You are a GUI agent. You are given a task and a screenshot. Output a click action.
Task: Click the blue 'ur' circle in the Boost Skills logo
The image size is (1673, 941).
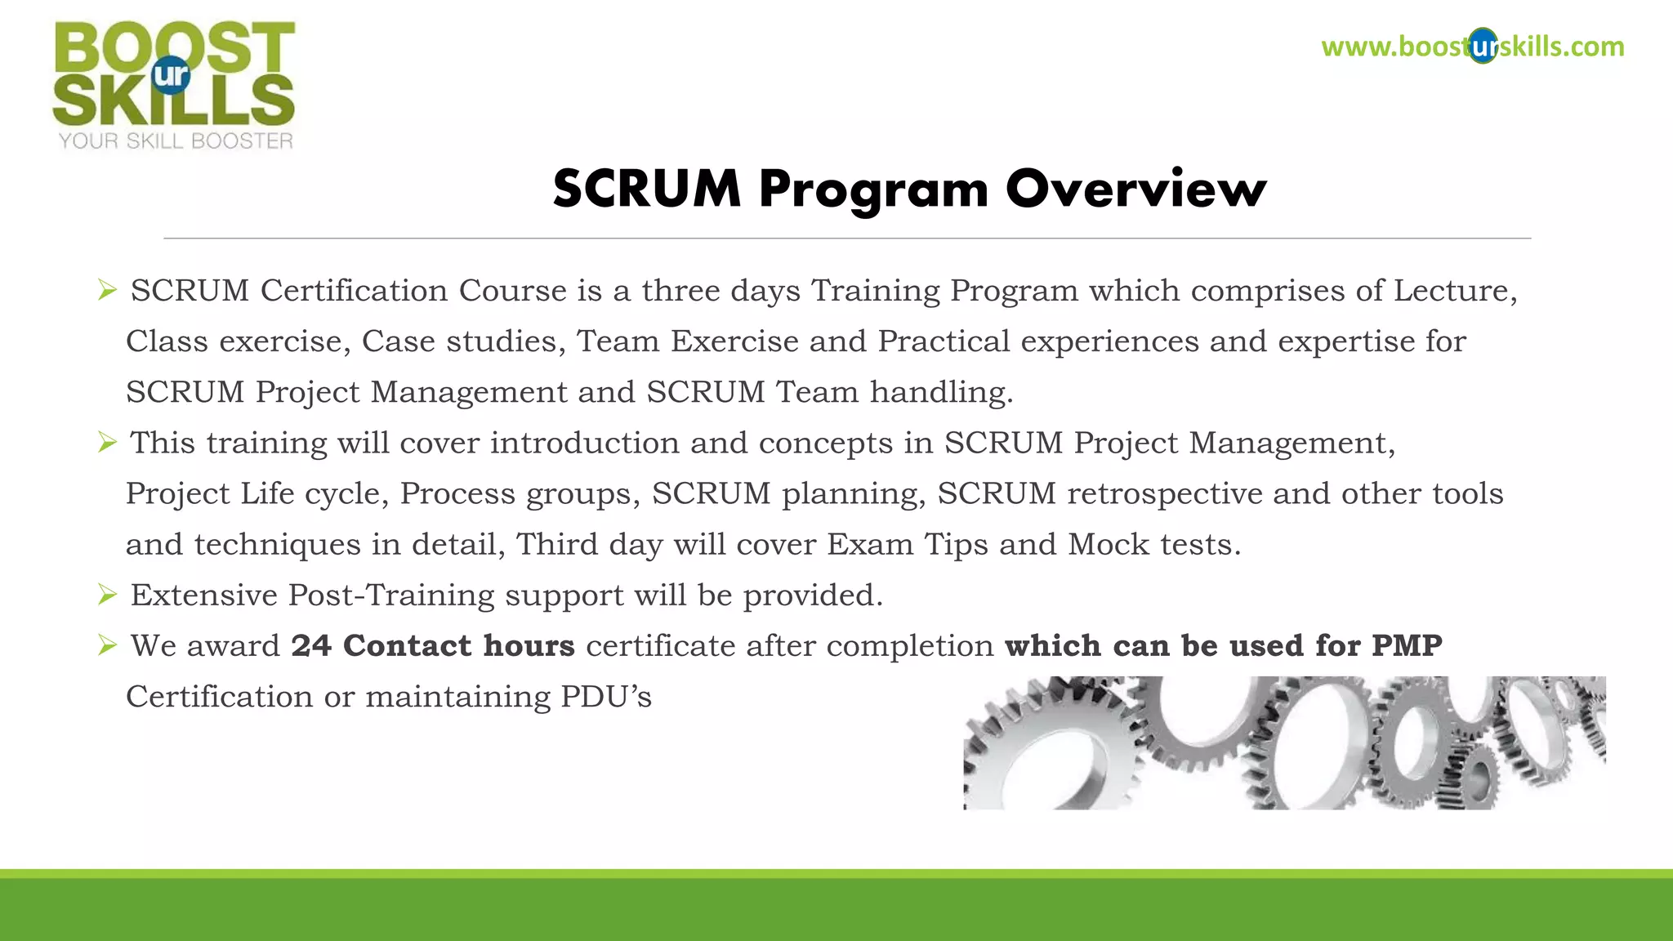pyautogui.click(x=171, y=75)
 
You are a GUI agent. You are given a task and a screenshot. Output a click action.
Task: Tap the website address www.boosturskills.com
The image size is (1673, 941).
pyautogui.click(x=1472, y=47)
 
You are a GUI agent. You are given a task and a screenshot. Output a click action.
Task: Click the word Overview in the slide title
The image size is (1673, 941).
pyautogui.click(x=1135, y=189)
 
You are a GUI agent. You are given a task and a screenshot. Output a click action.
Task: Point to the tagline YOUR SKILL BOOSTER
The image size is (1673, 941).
pyautogui.click(x=176, y=141)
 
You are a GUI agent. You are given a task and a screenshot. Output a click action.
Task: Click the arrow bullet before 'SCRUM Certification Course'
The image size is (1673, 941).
pyautogui.click(x=107, y=290)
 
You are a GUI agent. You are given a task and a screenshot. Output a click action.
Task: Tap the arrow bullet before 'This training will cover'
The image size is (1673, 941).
pyautogui.click(x=107, y=443)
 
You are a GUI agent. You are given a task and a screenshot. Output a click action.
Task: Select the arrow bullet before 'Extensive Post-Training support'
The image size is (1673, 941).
pyautogui.click(x=107, y=595)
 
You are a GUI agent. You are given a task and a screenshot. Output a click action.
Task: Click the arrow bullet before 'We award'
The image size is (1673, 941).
pyautogui.click(x=107, y=645)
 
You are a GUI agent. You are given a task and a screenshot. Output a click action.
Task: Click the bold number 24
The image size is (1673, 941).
pyautogui.click(x=311, y=645)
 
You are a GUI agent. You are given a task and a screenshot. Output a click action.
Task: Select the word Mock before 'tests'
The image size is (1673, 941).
pyautogui.click(x=1109, y=545)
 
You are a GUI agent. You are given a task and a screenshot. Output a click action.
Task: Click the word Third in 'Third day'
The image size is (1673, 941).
pyautogui.click(x=557, y=545)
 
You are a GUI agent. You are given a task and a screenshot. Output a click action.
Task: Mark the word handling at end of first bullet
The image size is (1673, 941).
pyautogui.click(x=941, y=393)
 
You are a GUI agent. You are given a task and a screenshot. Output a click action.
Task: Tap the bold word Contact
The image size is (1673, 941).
pyautogui.click(x=407, y=645)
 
